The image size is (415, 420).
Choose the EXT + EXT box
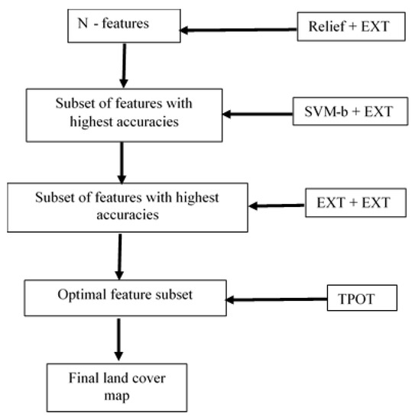(349, 202)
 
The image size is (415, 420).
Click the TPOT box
(362, 298)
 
